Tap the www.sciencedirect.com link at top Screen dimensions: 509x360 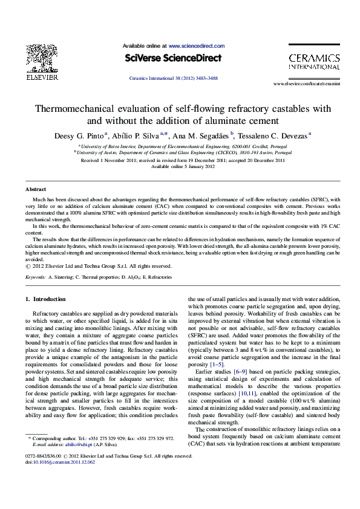coord(197,46)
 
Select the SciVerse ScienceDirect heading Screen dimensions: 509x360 coord(173,58)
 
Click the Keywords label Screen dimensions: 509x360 coord(36,277)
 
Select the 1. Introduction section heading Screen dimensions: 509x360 coord(45,299)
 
